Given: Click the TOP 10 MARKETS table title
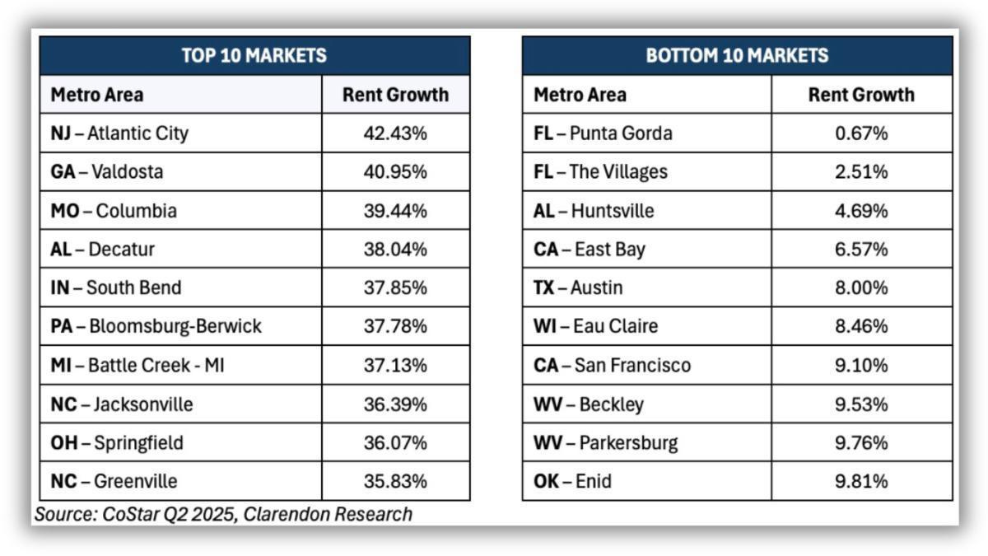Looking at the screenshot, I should (254, 56).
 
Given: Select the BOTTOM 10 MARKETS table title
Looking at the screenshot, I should (737, 56).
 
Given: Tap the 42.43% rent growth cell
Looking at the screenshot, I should (395, 133).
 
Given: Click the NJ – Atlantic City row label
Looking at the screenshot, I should (119, 133).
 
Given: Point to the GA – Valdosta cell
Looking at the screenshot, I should (107, 172).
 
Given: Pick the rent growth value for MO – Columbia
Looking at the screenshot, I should (395, 211).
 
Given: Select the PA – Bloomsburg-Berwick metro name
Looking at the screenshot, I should (156, 327).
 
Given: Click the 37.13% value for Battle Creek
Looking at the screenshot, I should (395, 366).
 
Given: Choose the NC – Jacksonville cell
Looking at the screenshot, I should (122, 404).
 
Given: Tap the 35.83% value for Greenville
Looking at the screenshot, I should (395, 481).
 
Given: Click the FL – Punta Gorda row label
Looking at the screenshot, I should (603, 133).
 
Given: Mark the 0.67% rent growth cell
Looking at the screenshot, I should (861, 133).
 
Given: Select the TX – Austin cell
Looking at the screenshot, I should (578, 288).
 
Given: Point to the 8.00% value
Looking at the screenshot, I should (861, 288).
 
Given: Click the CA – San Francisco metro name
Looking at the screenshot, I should (612, 366).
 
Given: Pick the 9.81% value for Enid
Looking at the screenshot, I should (861, 481).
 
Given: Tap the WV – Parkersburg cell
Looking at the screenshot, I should (605, 443).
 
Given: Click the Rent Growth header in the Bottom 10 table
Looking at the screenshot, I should (861, 95).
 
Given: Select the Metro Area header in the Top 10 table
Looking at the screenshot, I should (97, 95).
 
